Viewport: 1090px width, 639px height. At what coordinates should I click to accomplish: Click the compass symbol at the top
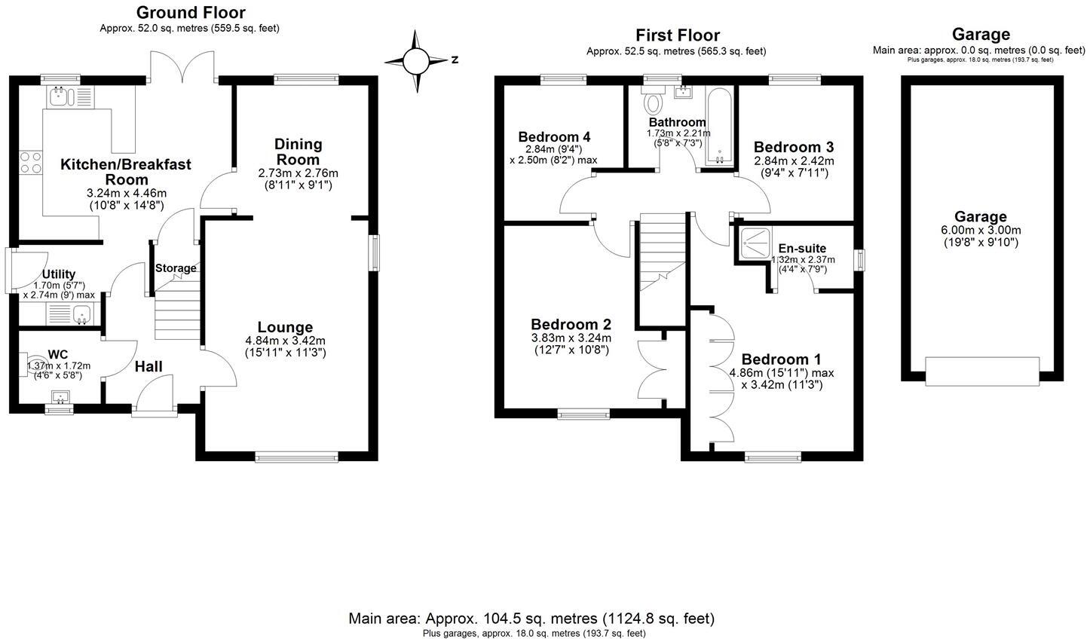tap(415, 60)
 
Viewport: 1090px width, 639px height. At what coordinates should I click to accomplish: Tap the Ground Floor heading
tap(191, 13)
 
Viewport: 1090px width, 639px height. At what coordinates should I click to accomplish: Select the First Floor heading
tap(677, 35)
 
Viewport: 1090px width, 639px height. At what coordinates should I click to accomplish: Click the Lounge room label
tap(285, 327)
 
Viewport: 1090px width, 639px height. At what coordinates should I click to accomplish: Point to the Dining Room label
tap(298, 151)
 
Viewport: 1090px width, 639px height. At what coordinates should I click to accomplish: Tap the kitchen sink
tap(60, 96)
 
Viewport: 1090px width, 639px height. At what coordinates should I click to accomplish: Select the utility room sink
tap(81, 316)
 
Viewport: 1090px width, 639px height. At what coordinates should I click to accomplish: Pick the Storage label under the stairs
tap(176, 268)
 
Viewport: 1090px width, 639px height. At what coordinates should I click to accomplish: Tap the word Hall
tap(148, 367)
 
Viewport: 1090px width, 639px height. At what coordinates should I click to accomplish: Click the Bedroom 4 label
tap(554, 136)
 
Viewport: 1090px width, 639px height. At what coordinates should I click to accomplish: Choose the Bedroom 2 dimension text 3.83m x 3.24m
tap(571, 338)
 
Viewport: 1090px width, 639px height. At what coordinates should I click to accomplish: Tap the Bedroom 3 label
tap(793, 146)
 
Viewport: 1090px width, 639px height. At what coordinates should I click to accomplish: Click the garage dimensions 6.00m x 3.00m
tap(981, 230)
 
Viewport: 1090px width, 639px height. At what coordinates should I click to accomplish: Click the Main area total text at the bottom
tap(531, 619)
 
